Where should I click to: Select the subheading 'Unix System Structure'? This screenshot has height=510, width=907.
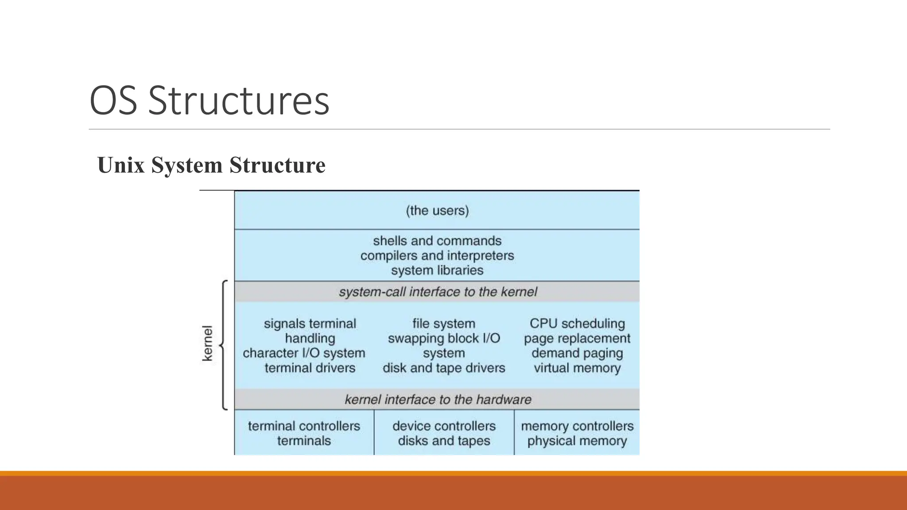[x=211, y=165]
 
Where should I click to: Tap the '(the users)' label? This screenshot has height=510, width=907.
[x=437, y=210]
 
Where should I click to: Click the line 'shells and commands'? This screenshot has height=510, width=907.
[x=437, y=241]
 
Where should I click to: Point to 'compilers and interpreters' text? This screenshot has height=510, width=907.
[x=437, y=255]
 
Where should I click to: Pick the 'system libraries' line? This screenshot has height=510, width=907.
[x=437, y=270]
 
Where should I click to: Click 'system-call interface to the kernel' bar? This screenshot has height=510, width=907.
[x=437, y=292]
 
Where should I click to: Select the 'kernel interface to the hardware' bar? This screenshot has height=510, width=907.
[x=437, y=399]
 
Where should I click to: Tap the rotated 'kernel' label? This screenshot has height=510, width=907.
[x=207, y=344]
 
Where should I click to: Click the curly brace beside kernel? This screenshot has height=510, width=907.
[x=223, y=344]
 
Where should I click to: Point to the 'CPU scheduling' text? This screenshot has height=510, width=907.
[x=577, y=324]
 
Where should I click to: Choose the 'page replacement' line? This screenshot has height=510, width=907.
[x=577, y=338]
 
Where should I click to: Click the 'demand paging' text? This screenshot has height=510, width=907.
[x=577, y=353]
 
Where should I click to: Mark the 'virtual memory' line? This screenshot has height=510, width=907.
[x=577, y=368]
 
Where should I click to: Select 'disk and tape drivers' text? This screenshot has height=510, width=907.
[x=444, y=368]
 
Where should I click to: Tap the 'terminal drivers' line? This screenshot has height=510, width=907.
[x=310, y=368]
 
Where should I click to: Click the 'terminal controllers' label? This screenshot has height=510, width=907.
[x=304, y=426]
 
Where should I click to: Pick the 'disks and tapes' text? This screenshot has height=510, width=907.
[x=444, y=440]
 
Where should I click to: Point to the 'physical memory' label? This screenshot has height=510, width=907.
[x=577, y=440]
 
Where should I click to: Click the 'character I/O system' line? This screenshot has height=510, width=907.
[x=304, y=353]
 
